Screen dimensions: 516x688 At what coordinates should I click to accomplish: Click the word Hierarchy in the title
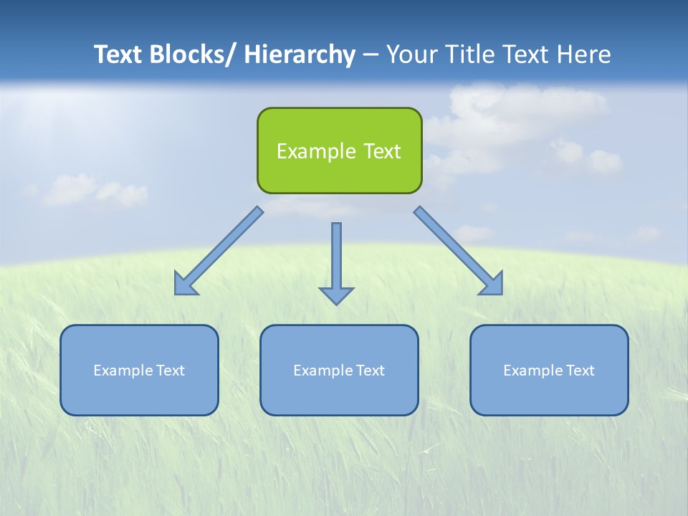pyautogui.click(x=300, y=54)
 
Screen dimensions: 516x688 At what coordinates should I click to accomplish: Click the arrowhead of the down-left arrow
pyautogui.click(x=184, y=285)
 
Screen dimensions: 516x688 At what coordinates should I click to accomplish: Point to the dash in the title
pyautogui.click(x=371, y=55)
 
